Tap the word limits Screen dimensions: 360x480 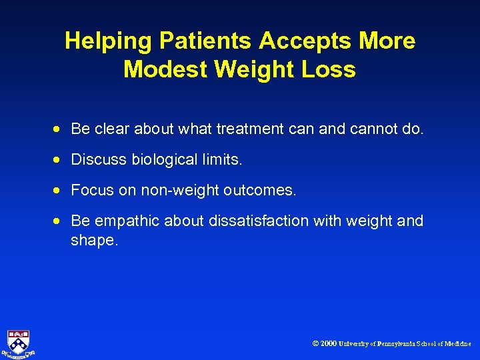point(222,159)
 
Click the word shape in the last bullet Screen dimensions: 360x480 point(92,241)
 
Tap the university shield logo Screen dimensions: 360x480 point(18,341)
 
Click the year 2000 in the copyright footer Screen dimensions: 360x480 point(328,344)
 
